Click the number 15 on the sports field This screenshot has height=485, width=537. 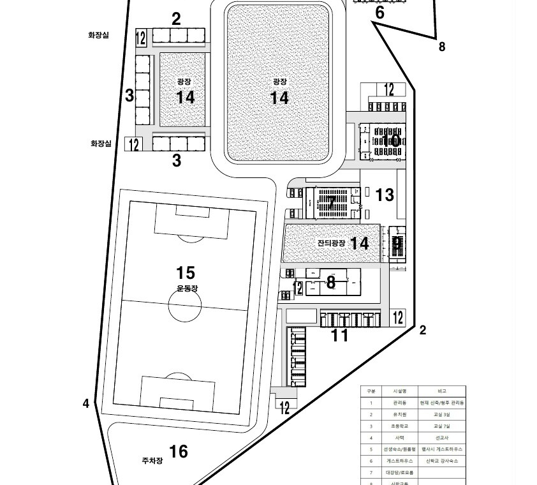coord(185,273)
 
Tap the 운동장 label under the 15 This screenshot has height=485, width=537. coord(188,288)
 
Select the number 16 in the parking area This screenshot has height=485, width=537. coord(179,452)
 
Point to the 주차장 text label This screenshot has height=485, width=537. coord(153,459)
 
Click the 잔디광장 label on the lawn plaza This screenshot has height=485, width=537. coord(331,243)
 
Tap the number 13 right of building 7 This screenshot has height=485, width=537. coord(385,195)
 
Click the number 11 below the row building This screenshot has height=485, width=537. coord(339,335)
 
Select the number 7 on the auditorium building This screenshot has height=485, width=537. coord(331,203)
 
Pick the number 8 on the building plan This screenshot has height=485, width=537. coord(330,282)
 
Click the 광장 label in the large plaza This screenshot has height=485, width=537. coord(279,82)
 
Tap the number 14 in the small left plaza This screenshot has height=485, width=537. coord(185,98)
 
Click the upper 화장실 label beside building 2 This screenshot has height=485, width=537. coord(98,35)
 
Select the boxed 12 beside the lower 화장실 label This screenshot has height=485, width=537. coord(133,144)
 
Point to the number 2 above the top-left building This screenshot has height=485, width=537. coord(176,19)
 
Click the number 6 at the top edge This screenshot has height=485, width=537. coord(379,13)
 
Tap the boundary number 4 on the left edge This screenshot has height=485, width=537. coord(86,403)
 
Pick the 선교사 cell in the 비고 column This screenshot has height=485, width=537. coord(441,437)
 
